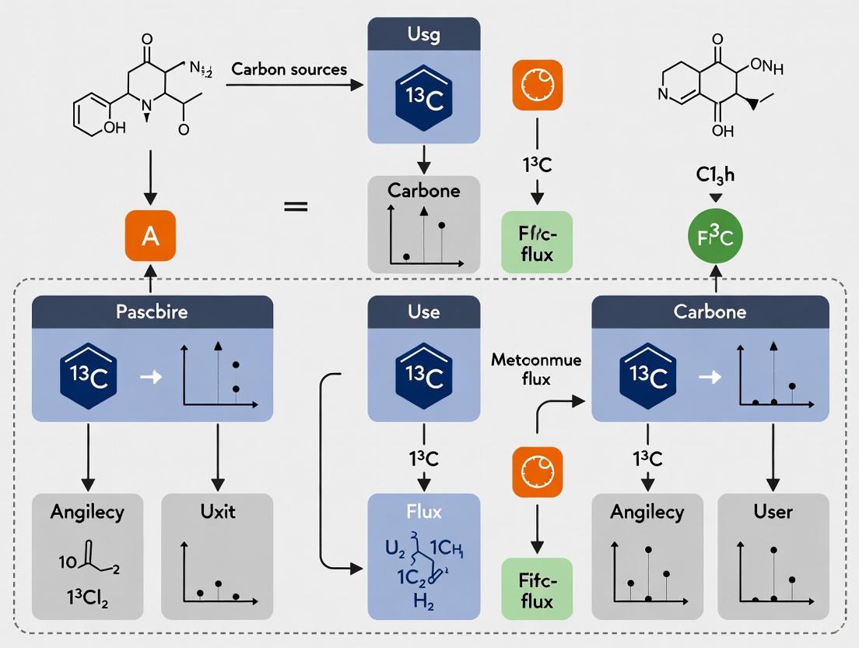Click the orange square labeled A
tap(151, 237)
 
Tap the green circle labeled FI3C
tap(715, 237)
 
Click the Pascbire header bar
tap(152, 312)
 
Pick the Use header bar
tap(423, 312)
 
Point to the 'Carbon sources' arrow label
tap(289, 69)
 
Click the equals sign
tap(295, 207)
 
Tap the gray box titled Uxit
tap(218, 556)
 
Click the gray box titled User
tap(773, 556)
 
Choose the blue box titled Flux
tap(423, 556)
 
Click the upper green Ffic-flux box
tap(537, 241)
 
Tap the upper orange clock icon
tap(537, 83)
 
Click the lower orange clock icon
tap(537, 471)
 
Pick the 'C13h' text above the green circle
tap(715, 175)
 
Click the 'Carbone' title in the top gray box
tap(423, 191)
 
